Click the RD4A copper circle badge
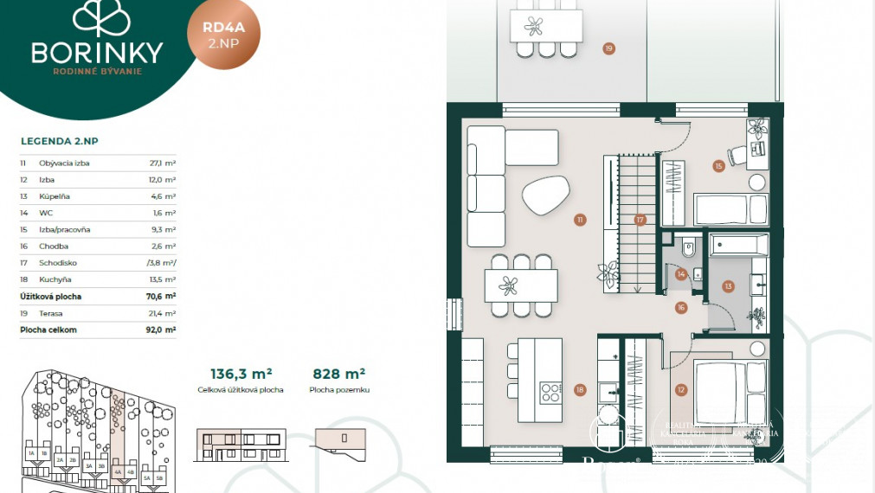[223, 34]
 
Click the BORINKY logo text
[97, 54]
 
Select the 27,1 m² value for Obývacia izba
[162, 163]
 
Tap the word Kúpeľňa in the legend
[55, 196]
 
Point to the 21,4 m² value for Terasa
[162, 313]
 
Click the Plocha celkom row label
[48, 330]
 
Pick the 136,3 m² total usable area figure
[241, 374]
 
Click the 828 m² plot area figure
[338, 374]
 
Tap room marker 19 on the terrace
[608, 48]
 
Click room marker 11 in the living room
[579, 221]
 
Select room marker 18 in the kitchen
[579, 390]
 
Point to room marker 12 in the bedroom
[681, 390]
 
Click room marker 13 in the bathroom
[728, 286]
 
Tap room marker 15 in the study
[718, 165]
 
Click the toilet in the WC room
[688, 248]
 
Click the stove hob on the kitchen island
[550, 393]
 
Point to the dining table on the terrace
[545, 25]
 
